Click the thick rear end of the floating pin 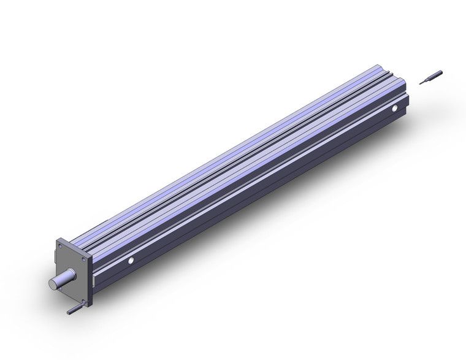(x=439, y=73)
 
